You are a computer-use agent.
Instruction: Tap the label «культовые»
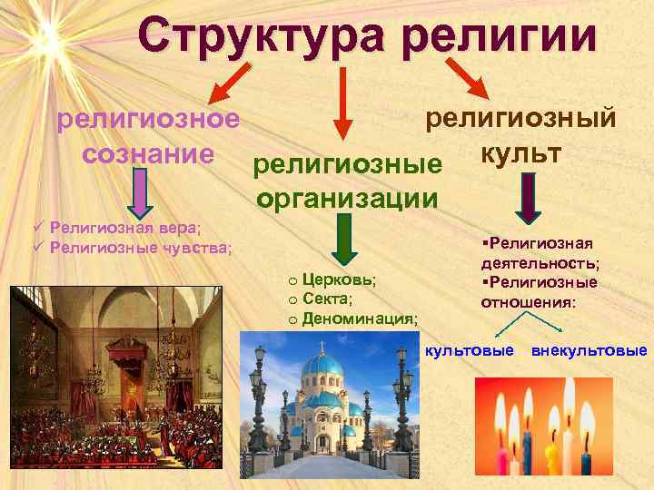pyautogui.click(x=470, y=350)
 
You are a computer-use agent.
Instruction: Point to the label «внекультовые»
pyautogui.click(x=590, y=350)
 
